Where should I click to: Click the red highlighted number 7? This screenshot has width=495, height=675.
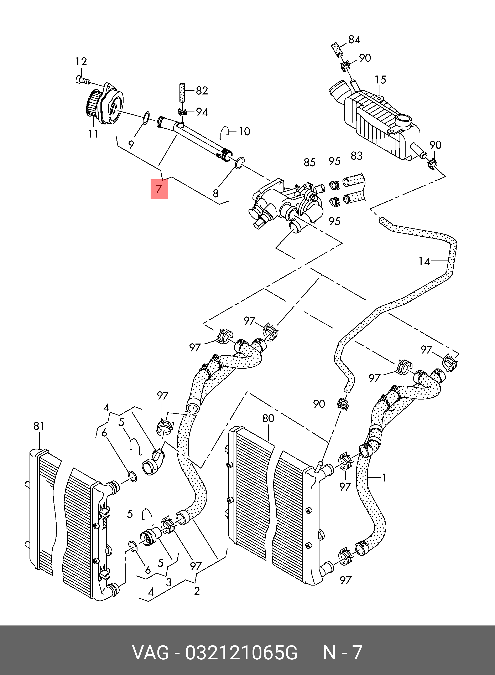tap(159, 189)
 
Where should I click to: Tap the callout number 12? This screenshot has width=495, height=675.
tap(81, 62)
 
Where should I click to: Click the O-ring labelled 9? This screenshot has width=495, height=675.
tap(146, 118)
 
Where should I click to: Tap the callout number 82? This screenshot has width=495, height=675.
tap(202, 91)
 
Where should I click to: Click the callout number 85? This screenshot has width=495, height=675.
tap(309, 163)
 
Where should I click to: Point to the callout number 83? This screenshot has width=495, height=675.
tap(356, 156)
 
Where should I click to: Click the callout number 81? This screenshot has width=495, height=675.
tap(39, 426)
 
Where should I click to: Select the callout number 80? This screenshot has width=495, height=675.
tap(268, 418)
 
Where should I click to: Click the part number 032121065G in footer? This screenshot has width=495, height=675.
tap(241, 653)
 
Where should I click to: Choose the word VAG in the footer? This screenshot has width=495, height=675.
tap(151, 653)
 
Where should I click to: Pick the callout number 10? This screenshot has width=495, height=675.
tap(244, 132)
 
